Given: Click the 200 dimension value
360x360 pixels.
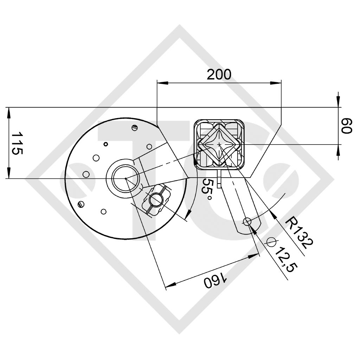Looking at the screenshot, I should coord(219,74).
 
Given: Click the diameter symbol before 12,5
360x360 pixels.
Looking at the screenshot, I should coord(271,242).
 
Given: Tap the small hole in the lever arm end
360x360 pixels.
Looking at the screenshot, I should coord(247,221).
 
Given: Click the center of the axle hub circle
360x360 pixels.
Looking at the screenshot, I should coord(125,179).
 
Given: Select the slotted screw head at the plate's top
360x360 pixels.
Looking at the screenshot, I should coord(134,128).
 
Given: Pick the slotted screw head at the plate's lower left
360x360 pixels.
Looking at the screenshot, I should coord(81,204).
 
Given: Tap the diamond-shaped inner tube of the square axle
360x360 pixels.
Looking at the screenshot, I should coord(219,144).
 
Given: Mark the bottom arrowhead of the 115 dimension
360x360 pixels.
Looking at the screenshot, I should coord(9,174).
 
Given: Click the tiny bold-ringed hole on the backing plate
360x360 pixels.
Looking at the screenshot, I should coord(105,144).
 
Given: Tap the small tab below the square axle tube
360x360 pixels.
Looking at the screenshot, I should coord(219,179).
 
